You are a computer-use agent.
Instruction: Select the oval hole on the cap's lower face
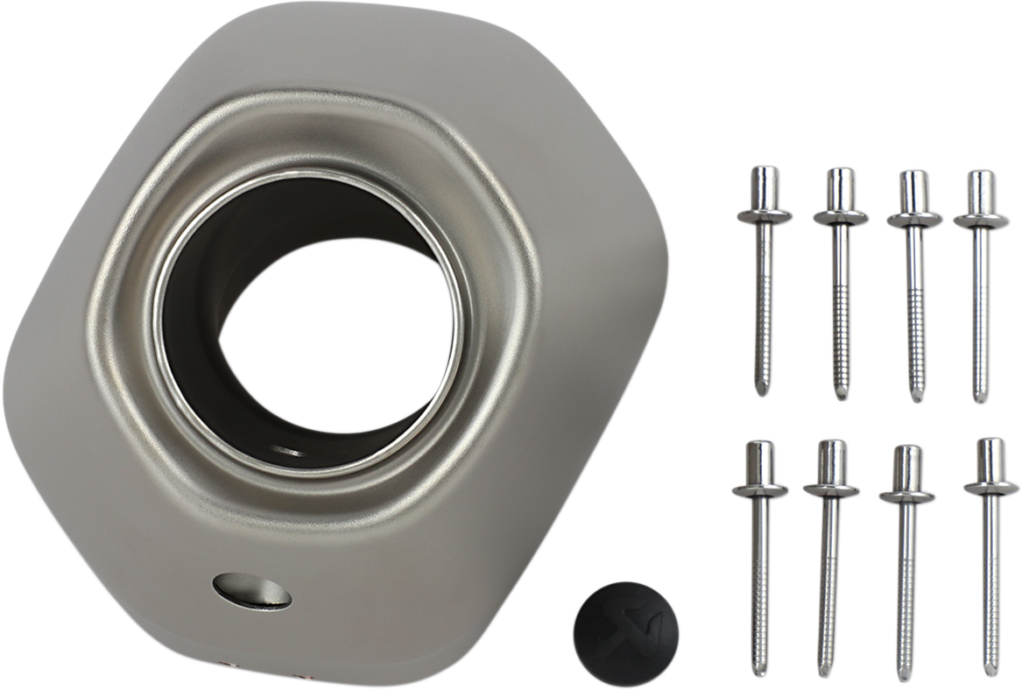click(x=253, y=588)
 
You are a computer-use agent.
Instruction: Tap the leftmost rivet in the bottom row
click(x=761, y=552)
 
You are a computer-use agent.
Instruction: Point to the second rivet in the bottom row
click(x=831, y=552)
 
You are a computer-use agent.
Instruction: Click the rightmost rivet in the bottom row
click(x=991, y=552)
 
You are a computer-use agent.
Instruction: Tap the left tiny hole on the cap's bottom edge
click(x=230, y=665)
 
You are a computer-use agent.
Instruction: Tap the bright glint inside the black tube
click(x=285, y=451)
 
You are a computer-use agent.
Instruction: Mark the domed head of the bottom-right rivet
click(x=991, y=455)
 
